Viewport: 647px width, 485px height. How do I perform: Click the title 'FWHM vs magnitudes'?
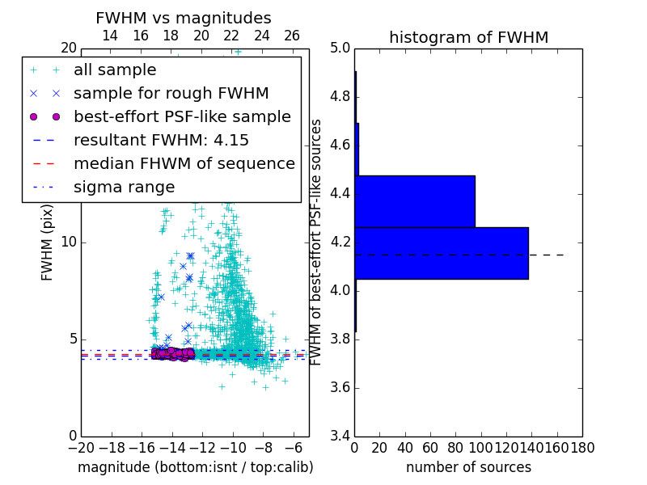(184, 18)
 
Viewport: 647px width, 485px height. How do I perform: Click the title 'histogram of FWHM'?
(468, 37)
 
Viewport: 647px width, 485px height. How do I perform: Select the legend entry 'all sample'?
(115, 70)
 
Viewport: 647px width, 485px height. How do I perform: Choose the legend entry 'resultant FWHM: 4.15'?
(161, 140)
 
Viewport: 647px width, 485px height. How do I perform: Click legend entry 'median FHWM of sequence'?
(184, 163)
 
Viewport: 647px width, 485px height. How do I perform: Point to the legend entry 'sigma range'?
(124, 187)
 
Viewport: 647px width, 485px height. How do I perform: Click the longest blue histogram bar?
(442, 253)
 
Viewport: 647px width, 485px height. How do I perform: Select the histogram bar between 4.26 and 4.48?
(415, 201)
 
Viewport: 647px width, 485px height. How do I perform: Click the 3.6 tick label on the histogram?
(340, 387)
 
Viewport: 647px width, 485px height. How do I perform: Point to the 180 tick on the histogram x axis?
(581, 447)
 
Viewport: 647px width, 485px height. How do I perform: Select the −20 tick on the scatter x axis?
(81, 447)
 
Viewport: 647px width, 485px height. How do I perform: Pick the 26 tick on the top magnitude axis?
(292, 36)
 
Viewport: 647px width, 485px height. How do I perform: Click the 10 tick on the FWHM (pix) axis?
(68, 242)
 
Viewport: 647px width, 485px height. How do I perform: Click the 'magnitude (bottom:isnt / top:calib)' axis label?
(195, 467)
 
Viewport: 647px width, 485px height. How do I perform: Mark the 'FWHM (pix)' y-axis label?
(48, 242)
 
